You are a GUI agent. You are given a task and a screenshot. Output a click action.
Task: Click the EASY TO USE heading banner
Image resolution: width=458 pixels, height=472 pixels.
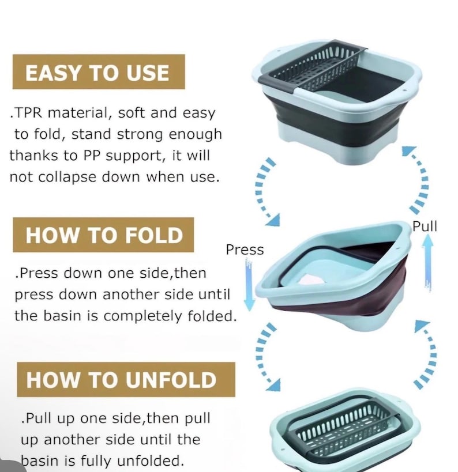(99, 71)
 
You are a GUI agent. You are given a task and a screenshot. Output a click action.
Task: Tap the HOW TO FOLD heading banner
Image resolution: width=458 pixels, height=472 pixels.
(103, 235)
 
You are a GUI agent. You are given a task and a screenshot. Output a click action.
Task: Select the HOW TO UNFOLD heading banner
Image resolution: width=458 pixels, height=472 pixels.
(126, 379)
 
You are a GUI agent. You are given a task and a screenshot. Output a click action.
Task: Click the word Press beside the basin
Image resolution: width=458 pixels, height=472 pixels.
(245, 250)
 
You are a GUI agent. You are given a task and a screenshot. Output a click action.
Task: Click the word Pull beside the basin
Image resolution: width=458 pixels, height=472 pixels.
(425, 226)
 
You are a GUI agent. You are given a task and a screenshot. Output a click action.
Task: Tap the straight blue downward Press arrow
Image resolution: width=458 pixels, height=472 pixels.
(249, 285)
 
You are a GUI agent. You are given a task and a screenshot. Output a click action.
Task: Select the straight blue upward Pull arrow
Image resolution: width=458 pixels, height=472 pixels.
(427, 262)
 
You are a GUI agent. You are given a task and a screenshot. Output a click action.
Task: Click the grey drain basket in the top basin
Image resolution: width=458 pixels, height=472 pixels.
(313, 69)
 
